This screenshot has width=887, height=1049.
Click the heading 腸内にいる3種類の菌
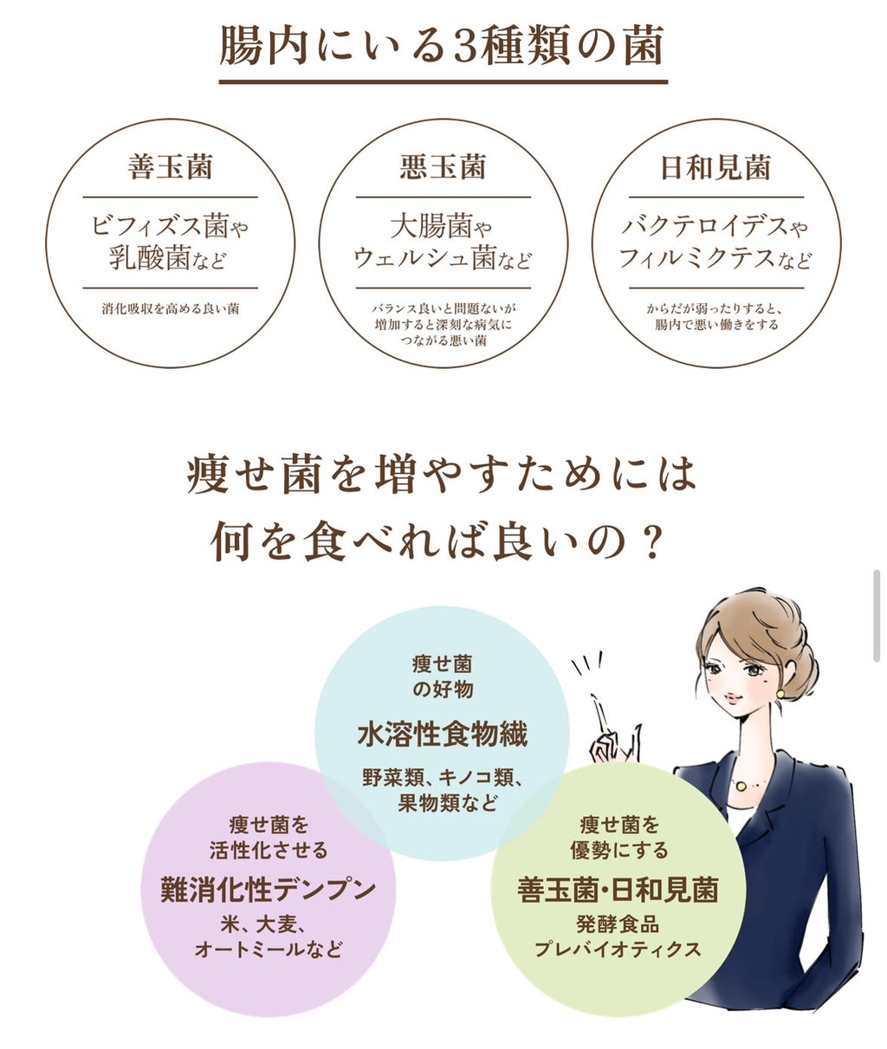click(x=442, y=47)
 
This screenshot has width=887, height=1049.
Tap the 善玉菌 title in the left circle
click(x=170, y=167)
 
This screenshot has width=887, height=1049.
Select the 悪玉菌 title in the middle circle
click(x=443, y=167)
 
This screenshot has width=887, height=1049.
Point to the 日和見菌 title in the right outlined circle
click(x=715, y=167)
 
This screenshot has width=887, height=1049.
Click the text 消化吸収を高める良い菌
click(x=170, y=308)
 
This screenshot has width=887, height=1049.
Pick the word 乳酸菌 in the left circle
click(x=150, y=258)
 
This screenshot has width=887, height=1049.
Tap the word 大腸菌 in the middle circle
click(x=431, y=226)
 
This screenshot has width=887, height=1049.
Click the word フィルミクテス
click(x=697, y=259)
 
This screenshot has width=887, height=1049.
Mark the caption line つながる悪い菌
click(x=443, y=340)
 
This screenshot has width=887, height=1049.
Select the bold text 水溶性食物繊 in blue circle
click(x=443, y=735)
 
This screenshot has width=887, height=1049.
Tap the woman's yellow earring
click(x=780, y=693)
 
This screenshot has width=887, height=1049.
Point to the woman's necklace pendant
click(x=741, y=787)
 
